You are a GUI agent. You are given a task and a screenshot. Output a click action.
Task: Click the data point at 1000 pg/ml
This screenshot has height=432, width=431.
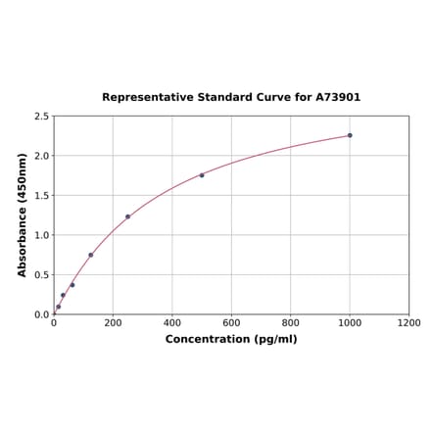(x=350, y=135)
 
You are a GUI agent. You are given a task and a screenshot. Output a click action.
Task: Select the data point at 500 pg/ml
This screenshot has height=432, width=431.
(x=202, y=175)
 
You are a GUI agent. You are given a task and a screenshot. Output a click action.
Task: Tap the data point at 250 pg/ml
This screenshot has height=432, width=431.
(x=127, y=216)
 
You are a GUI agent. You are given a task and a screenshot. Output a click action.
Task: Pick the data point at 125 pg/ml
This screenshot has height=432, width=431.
(x=91, y=256)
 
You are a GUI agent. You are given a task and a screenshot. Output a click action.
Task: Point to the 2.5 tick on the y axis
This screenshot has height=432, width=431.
(x=41, y=117)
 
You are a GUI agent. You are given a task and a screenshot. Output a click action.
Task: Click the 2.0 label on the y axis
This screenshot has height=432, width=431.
(x=41, y=156)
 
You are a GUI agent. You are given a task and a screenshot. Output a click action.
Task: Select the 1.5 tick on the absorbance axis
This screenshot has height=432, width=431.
(x=41, y=196)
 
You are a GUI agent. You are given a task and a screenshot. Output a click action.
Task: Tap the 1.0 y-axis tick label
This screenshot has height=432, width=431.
(x=41, y=235)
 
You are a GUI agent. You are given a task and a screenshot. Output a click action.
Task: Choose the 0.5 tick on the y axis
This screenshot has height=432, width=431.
(x=41, y=275)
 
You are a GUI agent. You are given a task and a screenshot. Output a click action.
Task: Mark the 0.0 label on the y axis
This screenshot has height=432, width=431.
(x=41, y=314)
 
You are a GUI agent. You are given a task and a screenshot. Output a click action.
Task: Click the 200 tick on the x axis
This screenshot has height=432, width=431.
(x=113, y=323)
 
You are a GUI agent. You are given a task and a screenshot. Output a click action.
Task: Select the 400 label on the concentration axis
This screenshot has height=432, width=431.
(x=172, y=323)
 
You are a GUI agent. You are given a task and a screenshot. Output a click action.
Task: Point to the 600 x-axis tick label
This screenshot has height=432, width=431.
(x=231, y=323)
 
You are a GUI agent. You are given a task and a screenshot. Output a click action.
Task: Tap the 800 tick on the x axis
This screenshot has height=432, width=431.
(x=291, y=323)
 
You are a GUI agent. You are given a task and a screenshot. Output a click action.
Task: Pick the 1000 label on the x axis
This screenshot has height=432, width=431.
(x=350, y=323)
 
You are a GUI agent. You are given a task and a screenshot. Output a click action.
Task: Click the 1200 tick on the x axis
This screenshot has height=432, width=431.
(x=408, y=323)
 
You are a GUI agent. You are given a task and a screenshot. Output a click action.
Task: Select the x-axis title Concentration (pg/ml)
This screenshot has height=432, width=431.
(x=231, y=339)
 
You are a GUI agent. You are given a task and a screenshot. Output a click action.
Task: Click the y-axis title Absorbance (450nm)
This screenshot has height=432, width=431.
(x=22, y=215)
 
